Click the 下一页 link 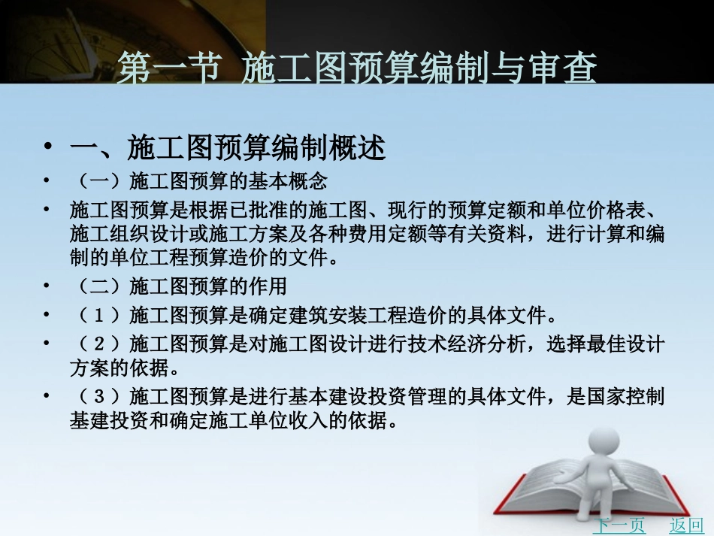[618, 525]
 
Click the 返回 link [685, 525]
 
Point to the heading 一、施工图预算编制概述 [227, 148]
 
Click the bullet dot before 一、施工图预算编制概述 [48, 147]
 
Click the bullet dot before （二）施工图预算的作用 [48, 286]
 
